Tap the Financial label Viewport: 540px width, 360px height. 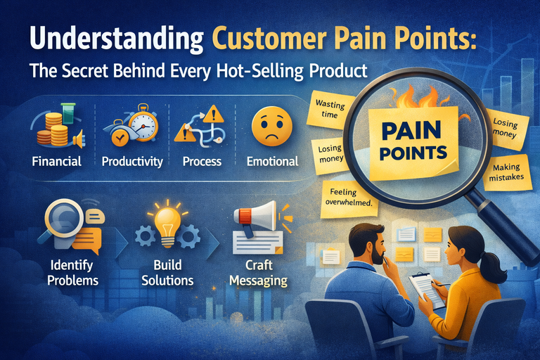(57, 162)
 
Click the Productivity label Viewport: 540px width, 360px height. (132, 162)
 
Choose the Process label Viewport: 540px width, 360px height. (202, 162)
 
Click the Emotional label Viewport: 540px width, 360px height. (272, 162)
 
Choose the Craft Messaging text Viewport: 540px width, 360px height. (262, 273)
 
